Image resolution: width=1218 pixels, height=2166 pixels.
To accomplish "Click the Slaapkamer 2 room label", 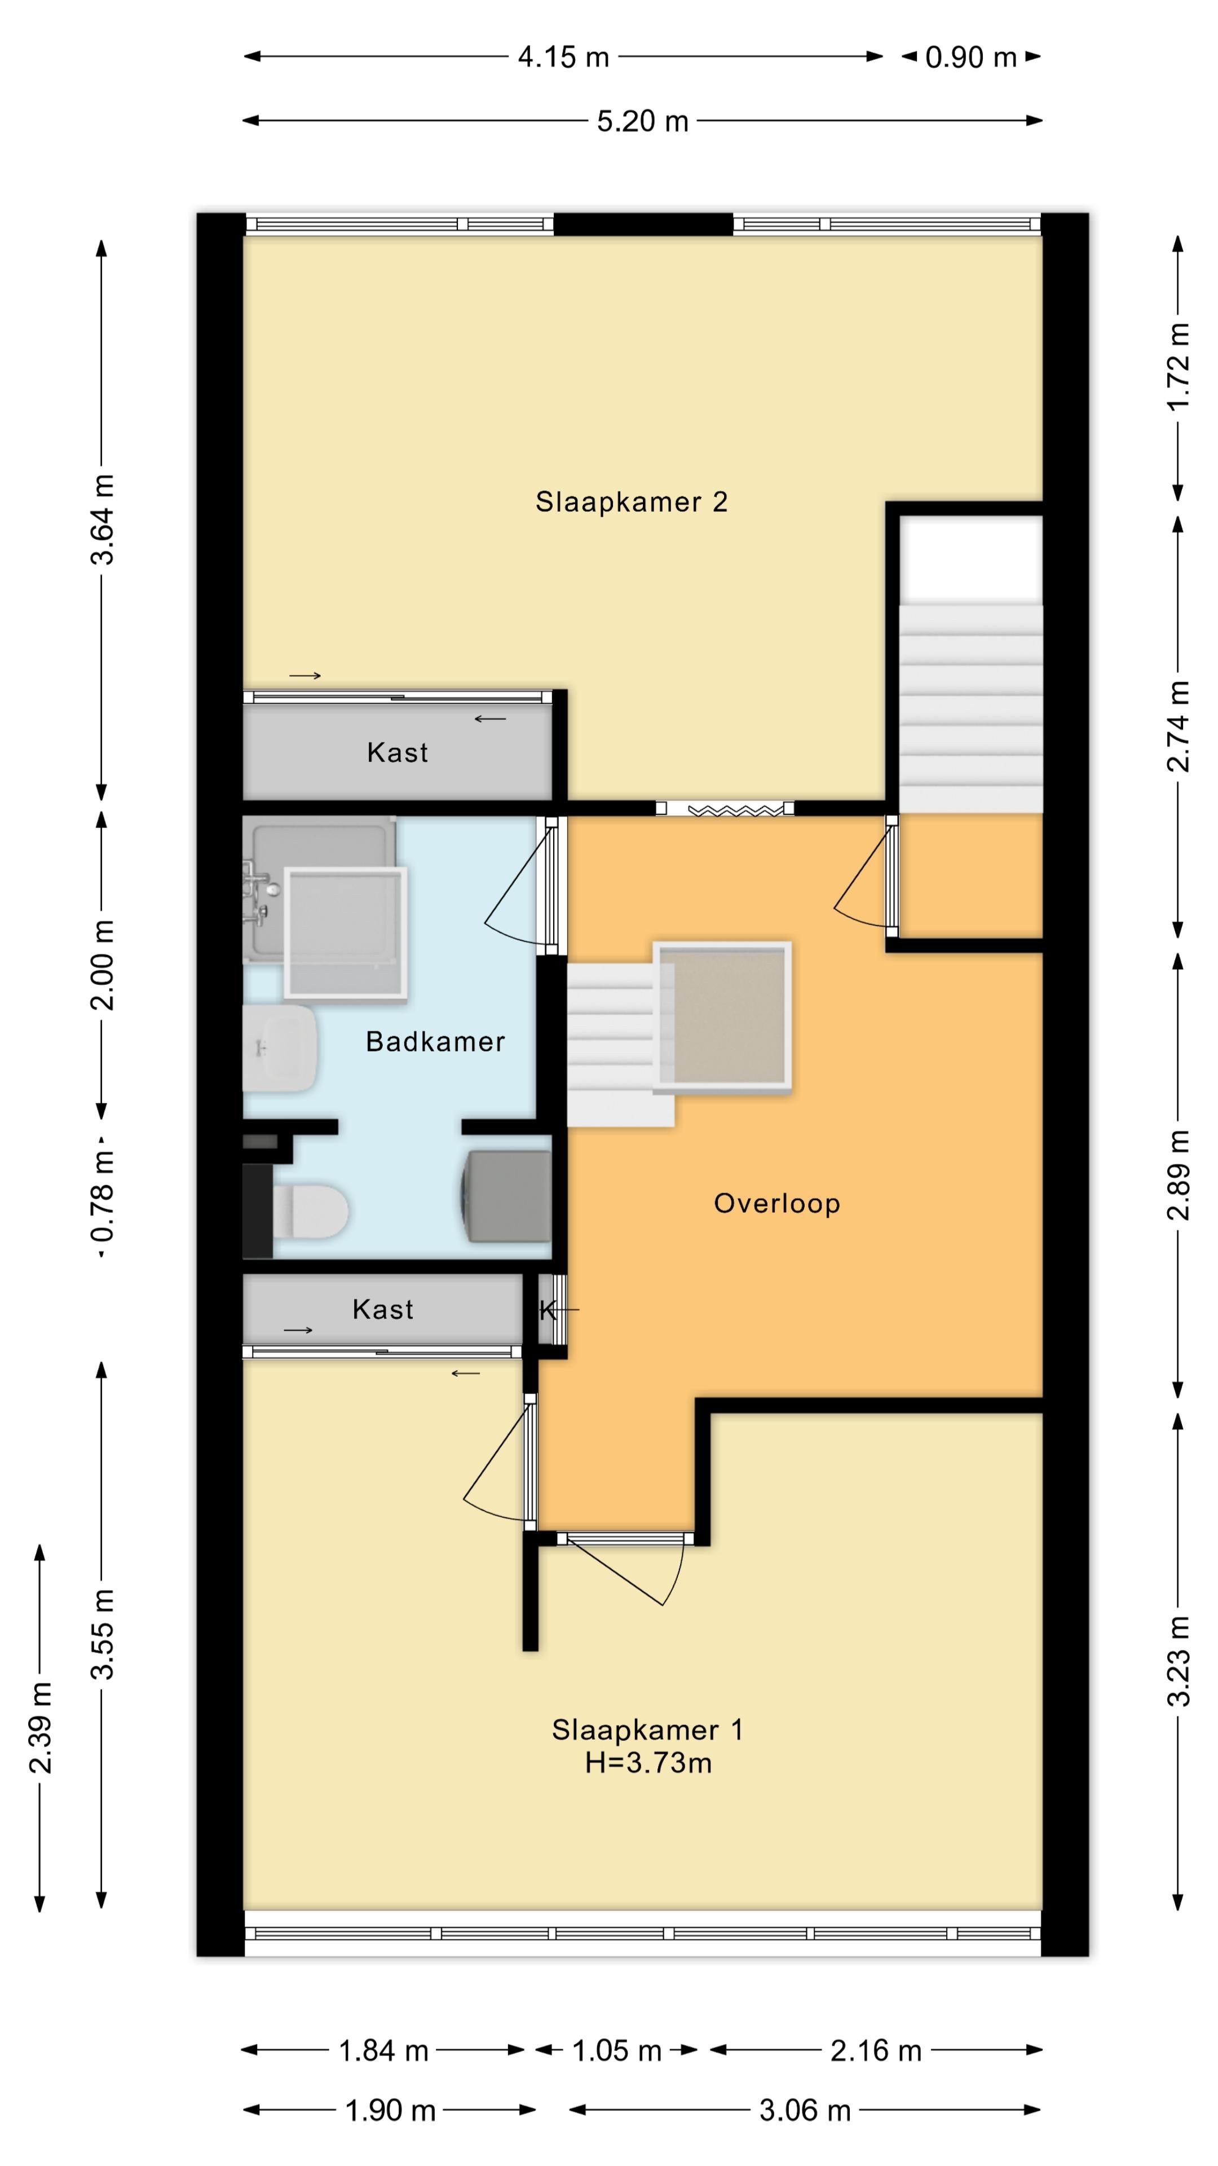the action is [x=632, y=502].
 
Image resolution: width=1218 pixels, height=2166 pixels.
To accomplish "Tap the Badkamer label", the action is [x=435, y=1042].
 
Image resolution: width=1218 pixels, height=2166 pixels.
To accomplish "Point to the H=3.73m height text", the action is [x=648, y=1762].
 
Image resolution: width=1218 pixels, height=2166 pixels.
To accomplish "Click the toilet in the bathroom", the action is [x=310, y=1211].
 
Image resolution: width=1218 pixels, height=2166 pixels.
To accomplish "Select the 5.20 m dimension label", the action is [x=643, y=121].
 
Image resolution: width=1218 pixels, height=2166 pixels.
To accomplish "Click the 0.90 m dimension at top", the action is [x=971, y=57].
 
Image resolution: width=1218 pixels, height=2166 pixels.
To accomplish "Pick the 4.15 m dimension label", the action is [x=563, y=57].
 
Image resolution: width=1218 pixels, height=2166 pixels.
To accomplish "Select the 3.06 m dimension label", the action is [x=805, y=2104].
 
